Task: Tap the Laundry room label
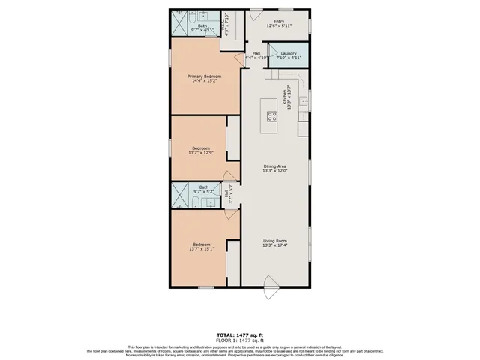pos(289,55)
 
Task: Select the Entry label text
pos(279,23)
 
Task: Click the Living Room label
pos(275,242)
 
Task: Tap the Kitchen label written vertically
pos(285,99)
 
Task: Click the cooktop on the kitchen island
pos(271,116)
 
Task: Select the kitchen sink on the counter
pos(304,100)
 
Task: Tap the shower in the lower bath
pos(181,196)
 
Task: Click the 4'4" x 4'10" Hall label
pos(256,55)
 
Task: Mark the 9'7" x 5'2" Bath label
pos(203,190)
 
